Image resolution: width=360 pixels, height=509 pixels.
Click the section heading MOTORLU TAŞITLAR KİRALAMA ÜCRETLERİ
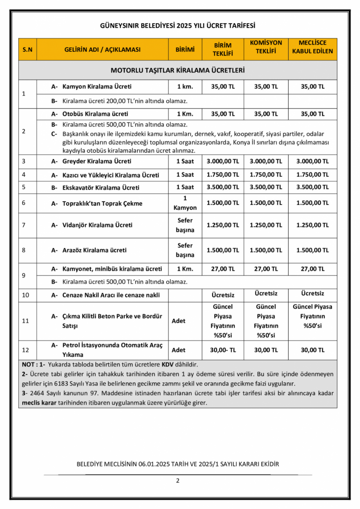click(178, 70)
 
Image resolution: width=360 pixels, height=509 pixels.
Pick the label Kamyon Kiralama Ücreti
click(97, 86)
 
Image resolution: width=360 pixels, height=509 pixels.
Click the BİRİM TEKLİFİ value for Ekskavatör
click(223, 187)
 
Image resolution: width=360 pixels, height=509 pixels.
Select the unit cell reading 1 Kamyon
click(185, 203)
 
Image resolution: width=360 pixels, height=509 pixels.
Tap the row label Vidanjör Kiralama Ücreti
click(97, 225)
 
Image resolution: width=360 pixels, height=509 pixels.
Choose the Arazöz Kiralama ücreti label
click(94, 250)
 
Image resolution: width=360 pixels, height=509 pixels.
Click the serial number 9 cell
click(24, 275)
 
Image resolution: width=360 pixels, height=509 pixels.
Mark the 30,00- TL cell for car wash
click(223, 350)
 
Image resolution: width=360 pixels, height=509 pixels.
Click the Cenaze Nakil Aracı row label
click(111, 295)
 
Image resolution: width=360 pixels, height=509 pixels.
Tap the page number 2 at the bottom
click(178, 480)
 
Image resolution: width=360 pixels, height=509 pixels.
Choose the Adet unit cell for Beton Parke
click(179, 321)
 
